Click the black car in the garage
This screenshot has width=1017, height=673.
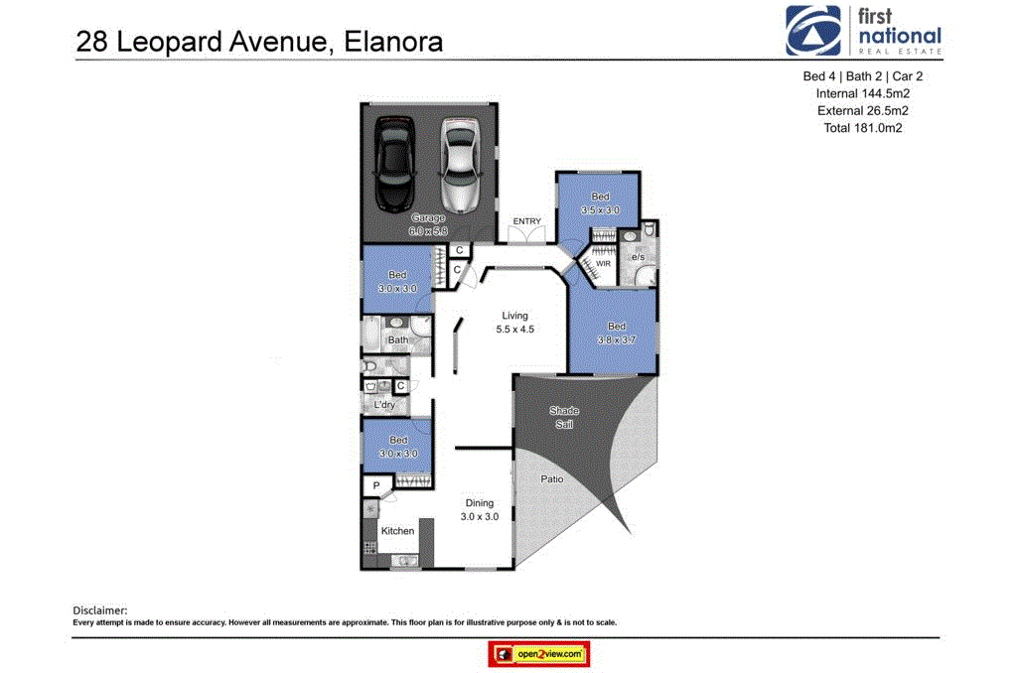point(395,159)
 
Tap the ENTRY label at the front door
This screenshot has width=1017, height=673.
point(527,221)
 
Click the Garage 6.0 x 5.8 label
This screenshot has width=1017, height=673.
point(429,223)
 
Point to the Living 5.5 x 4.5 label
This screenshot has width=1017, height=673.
point(514,323)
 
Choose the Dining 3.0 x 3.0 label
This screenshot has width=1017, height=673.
point(479,510)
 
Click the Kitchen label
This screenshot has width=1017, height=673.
point(397,531)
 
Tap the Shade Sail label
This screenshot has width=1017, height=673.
point(564,417)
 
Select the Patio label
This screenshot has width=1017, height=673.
point(552,478)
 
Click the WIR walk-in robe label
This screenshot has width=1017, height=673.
point(603,263)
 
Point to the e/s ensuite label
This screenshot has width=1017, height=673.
point(638,258)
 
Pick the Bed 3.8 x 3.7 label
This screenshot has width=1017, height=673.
point(617,333)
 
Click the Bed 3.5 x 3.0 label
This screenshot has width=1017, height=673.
point(600,203)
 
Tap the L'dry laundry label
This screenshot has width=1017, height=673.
point(384,405)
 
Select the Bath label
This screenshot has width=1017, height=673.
point(397,340)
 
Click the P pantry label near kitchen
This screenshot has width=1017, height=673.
point(375,485)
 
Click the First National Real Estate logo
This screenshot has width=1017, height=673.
point(863,31)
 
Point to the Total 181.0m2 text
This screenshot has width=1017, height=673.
point(862,128)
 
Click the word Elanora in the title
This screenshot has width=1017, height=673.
point(393,43)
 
